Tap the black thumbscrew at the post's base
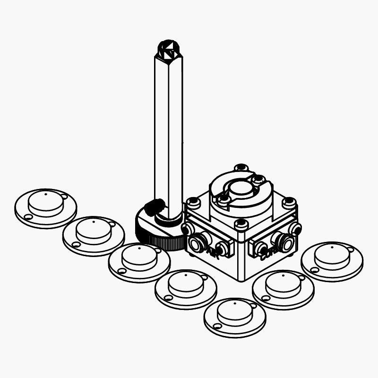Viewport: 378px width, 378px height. tap(155, 207)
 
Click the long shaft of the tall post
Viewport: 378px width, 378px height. tap(168, 132)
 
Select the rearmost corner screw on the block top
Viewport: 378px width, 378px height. tap(241, 168)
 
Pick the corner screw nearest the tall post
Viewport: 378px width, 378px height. tap(193, 202)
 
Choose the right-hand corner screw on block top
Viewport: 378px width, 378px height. tap(289, 202)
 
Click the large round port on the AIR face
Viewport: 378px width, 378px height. tap(196, 243)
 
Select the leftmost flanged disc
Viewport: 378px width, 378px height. tap(45, 208)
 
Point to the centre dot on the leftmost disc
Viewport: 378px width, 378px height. tap(45, 194)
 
